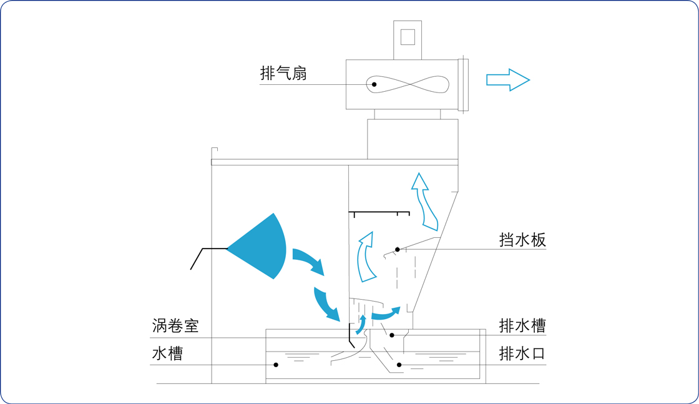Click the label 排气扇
283,74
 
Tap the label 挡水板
522,240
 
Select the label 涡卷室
175,326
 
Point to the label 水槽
167,353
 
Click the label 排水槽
522,326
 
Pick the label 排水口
522,353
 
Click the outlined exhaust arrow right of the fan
507,80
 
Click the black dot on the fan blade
374,84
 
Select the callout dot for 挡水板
398,250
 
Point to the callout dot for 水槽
276,365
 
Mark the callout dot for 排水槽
392,335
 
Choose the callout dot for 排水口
399,365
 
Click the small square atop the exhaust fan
408,37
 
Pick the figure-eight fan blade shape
408,84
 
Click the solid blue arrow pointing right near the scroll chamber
386,313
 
